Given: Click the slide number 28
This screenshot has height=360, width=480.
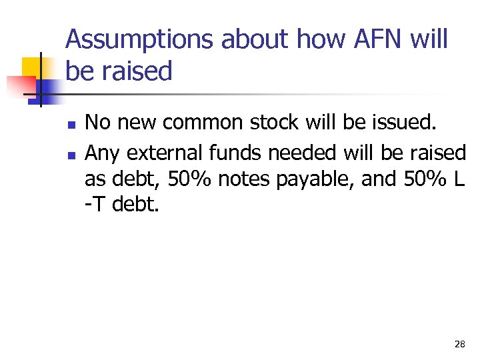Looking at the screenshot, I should [459, 344].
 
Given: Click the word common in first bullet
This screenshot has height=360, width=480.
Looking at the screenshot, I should [204, 123].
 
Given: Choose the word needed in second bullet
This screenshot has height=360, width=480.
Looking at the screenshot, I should [303, 153].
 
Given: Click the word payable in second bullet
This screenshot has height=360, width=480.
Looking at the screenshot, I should [287, 180].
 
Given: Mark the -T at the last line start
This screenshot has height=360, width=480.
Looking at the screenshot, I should [95, 203].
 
